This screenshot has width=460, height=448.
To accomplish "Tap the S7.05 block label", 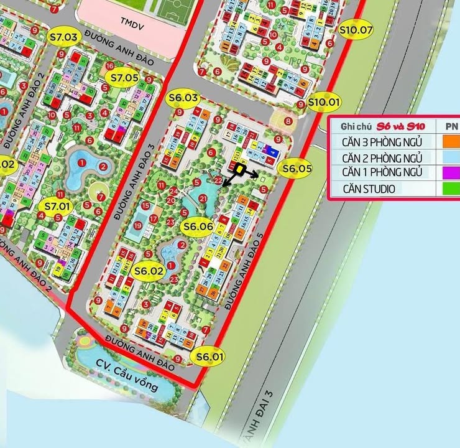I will (124, 78).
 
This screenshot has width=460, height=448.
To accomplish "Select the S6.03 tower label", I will (183, 98).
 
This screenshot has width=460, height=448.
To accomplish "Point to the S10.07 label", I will (356, 29).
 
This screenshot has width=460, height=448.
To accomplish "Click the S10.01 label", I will (325, 101).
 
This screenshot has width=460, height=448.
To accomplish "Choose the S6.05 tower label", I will (297, 168).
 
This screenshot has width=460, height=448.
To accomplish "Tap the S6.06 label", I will (199, 227).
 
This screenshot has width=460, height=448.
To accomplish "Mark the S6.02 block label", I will (149, 271).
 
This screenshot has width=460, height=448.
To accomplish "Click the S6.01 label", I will (209, 357).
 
